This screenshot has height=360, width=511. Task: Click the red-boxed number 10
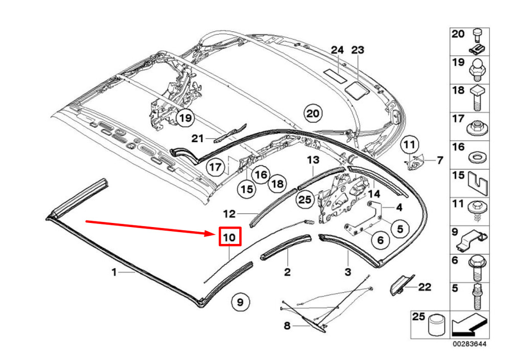click(229, 237)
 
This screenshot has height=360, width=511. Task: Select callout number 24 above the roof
click(337, 50)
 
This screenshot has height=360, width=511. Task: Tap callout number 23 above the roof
click(357, 50)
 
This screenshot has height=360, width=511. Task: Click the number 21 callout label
click(198, 138)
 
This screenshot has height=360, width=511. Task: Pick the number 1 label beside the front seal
click(114, 273)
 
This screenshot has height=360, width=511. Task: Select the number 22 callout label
click(425, 287)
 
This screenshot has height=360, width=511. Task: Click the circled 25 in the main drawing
click(305, 199)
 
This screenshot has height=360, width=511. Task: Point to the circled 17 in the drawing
click(216, 167)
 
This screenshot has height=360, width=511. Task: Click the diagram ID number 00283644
click(469, 344)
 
